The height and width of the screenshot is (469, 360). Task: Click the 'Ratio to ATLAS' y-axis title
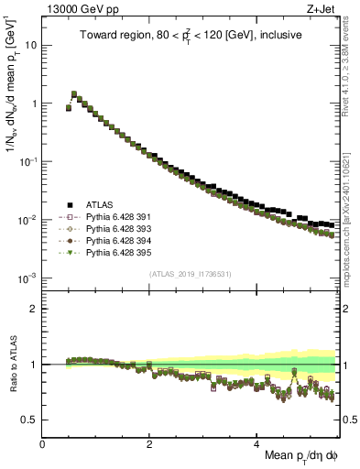click(x=12, y=364)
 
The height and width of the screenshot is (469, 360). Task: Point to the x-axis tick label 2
click(x=150, y=442)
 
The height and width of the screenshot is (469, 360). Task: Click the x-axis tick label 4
click(x=257, y=442)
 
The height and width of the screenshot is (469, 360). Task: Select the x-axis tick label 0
click(x=43, y=442)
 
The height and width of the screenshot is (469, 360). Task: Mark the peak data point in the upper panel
click(x=74, y=93)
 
